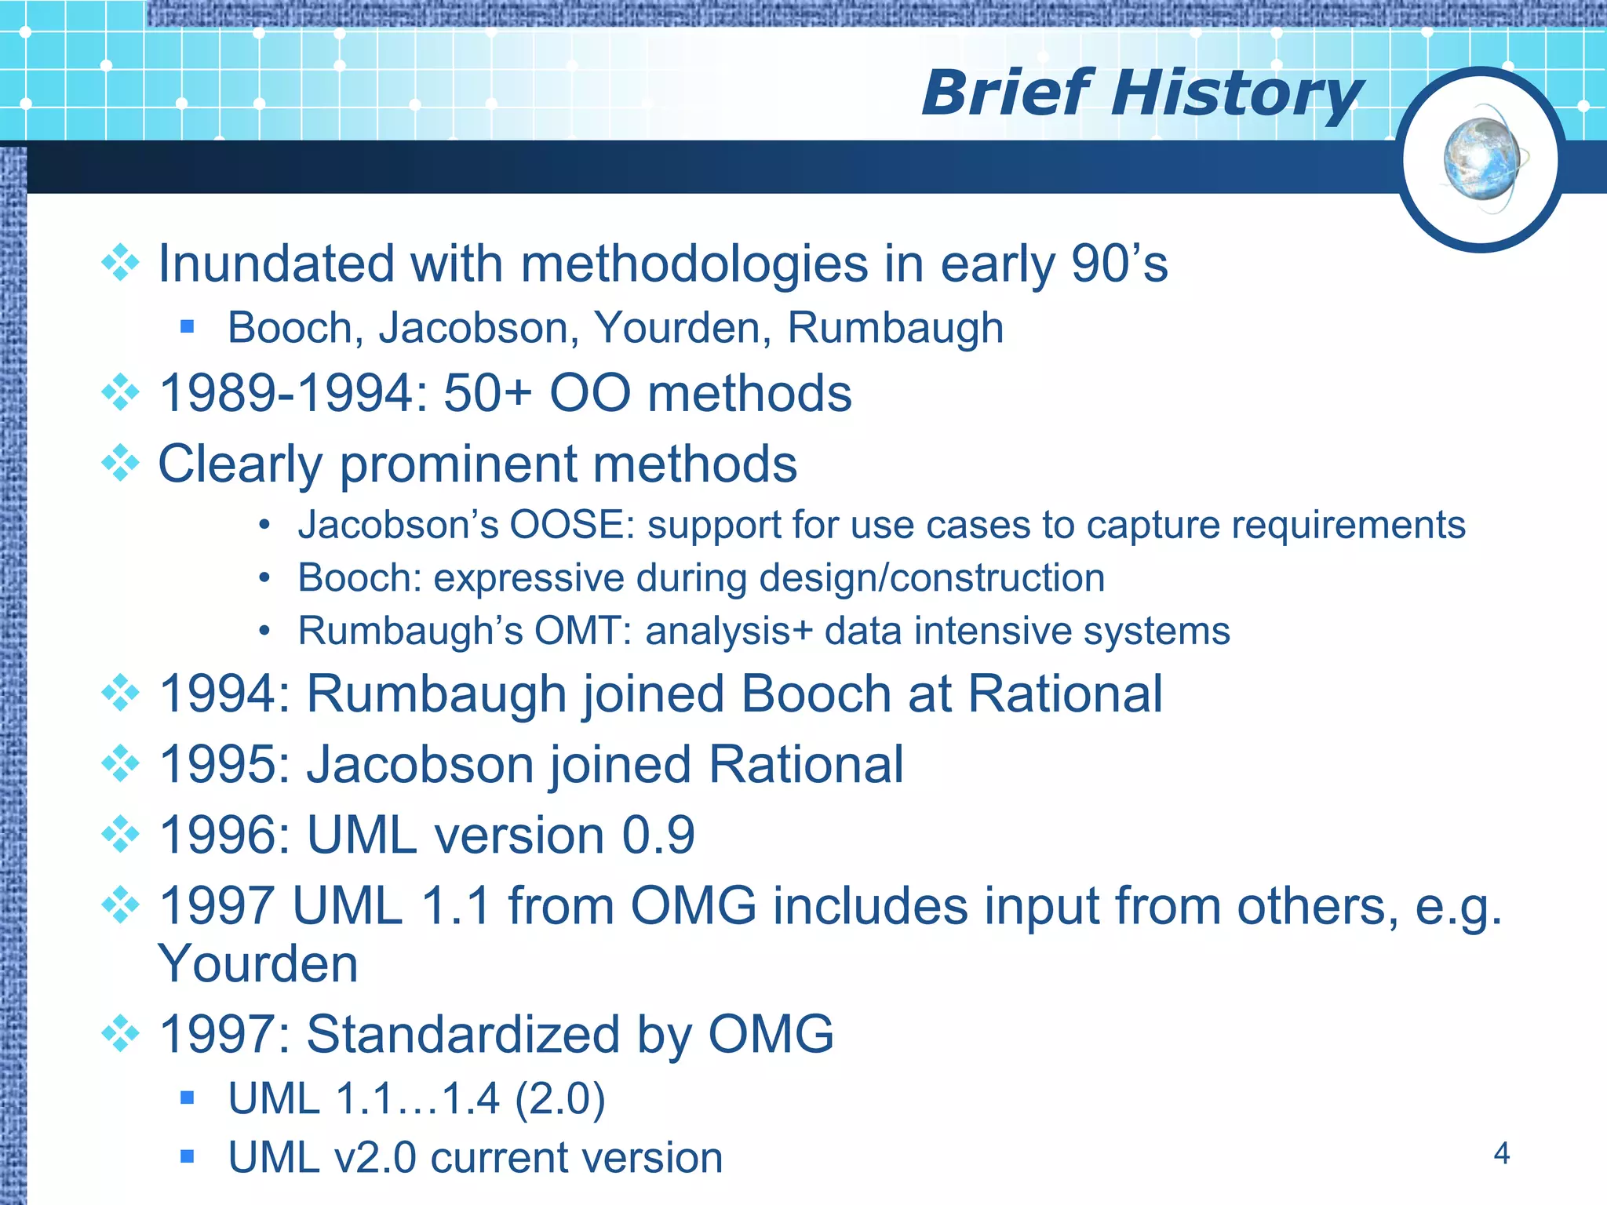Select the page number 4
1501,1153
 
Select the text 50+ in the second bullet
487,393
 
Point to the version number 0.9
658,835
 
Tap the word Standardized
462,1034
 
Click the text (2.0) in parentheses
559,1098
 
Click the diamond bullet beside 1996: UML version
120,834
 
